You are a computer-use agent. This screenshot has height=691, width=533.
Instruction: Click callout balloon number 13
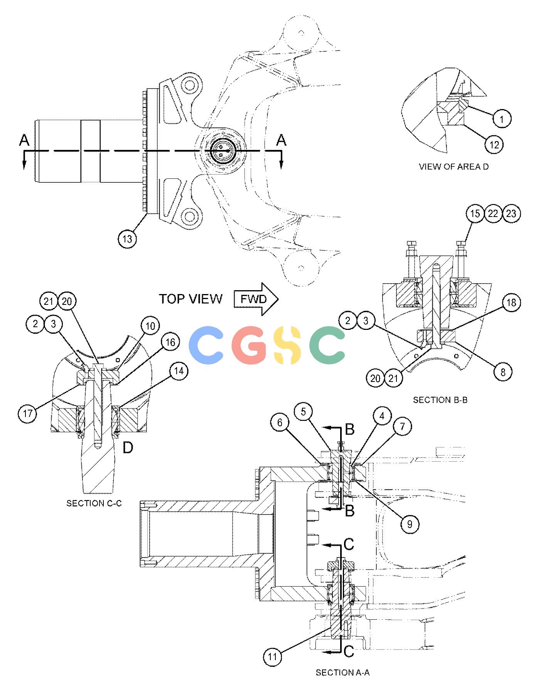click(x=127, y=239)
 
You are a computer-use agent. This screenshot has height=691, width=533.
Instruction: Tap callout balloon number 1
click(x=501, y=119)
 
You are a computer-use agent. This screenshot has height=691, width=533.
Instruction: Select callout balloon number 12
click(x=494, y=145)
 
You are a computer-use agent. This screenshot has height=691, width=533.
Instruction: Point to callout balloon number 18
click(x=511, y=302)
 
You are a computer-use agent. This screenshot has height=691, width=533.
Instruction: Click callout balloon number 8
click(x=503, y=372)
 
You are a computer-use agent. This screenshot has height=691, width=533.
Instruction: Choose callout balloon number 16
click(x=170, y=342)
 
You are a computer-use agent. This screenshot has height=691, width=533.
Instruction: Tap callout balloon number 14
click(x=178, y=371)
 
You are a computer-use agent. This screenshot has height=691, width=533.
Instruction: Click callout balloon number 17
click(x=28, y=414)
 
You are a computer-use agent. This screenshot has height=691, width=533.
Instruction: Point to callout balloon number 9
click(x=410, y=524)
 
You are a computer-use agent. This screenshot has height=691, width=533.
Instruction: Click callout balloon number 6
click(x=280, y=423)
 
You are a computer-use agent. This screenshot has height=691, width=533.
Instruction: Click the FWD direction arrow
click(x=256, y=299)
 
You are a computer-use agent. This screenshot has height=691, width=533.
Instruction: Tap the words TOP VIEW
click(x=191, y=299)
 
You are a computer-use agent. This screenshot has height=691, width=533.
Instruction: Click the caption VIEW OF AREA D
click(x=454, y=167)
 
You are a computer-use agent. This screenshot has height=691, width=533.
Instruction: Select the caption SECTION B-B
click(x=440, y=400)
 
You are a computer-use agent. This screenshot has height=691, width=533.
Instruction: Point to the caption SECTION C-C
click(x=94, y=503)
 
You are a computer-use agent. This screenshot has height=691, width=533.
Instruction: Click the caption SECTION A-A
click(x=342, y=673)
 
